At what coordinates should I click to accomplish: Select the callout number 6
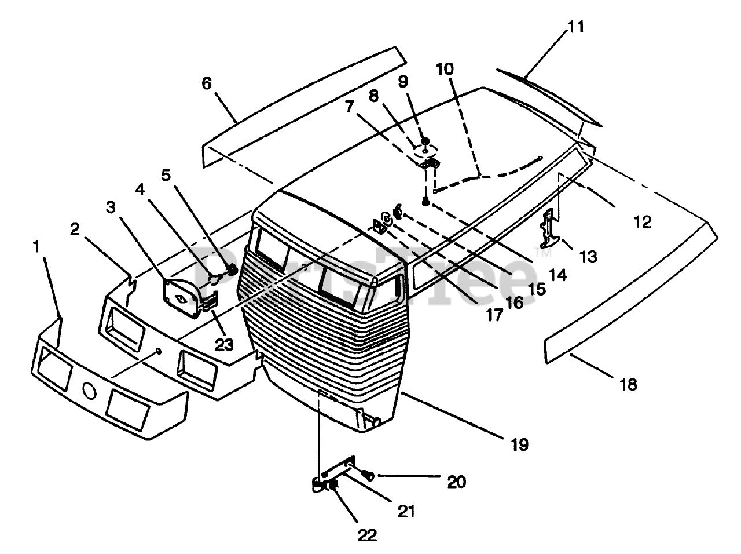pyautogui.click(x=207, y=83)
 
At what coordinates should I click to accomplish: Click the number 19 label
pyautogui.click(x=519, y=444)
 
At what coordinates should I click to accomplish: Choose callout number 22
pyautogui.click(x=368, y=535)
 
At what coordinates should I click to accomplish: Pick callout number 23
pyautogui.click(x=223, y=344)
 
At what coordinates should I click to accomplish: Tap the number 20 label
pyautogui.click(x=456, y=481)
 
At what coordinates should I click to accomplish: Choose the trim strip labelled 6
pyautogui.click(x=301, y=110)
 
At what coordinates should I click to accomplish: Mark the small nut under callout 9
pyautogui.click(x=425, y=141)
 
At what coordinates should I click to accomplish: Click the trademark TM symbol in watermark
pyautogui.click(x=544, y=253)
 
